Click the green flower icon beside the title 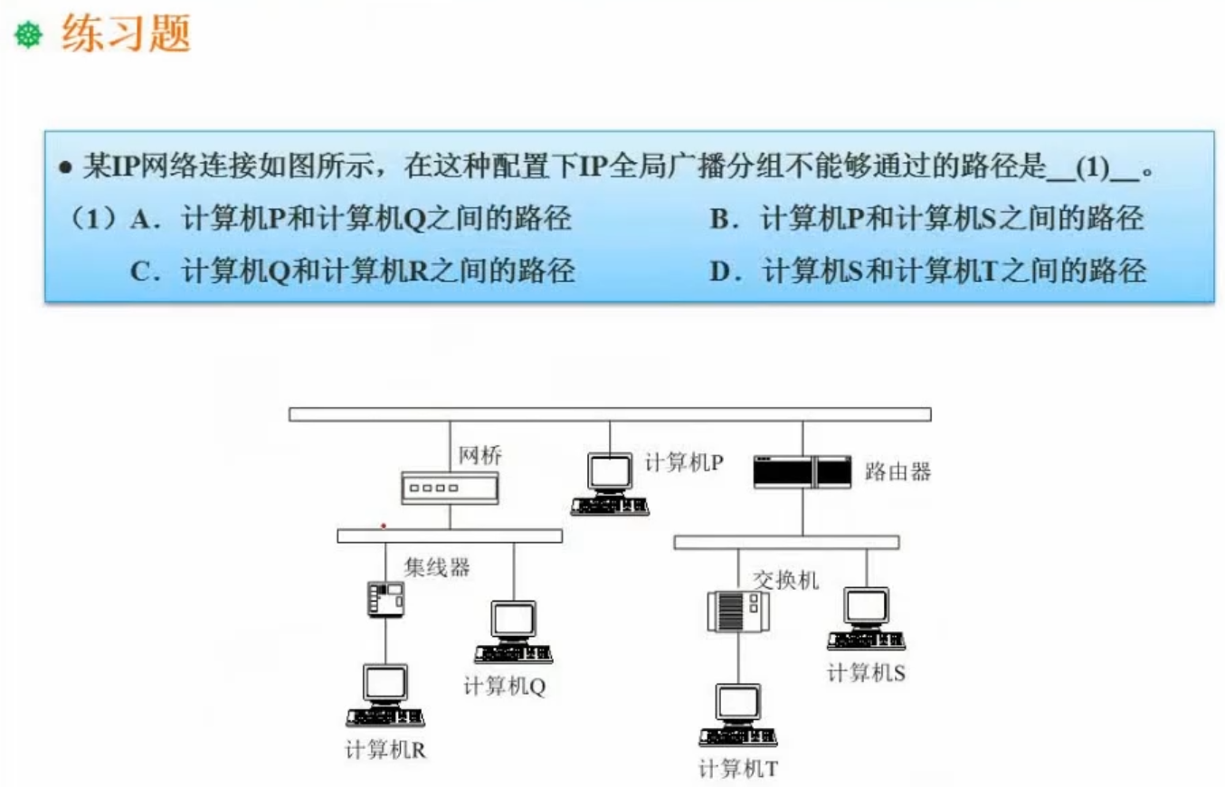29,37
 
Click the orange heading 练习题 126,35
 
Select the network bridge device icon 450,488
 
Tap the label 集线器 437,568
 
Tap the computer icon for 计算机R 385,695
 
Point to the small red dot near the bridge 384,525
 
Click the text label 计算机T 738,770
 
